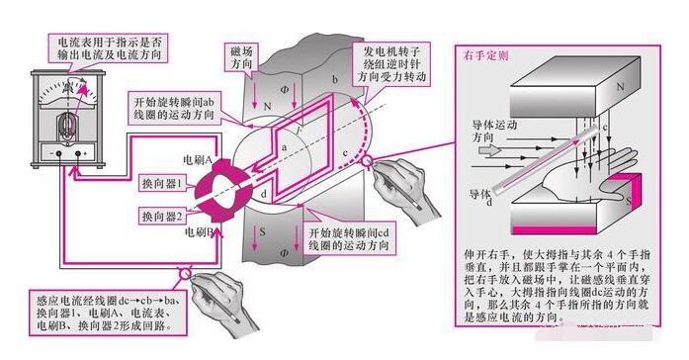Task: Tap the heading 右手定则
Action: pyautogui.click(x=486, y=56)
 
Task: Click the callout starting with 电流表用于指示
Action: pyautogui.click(x=107, y=47)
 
